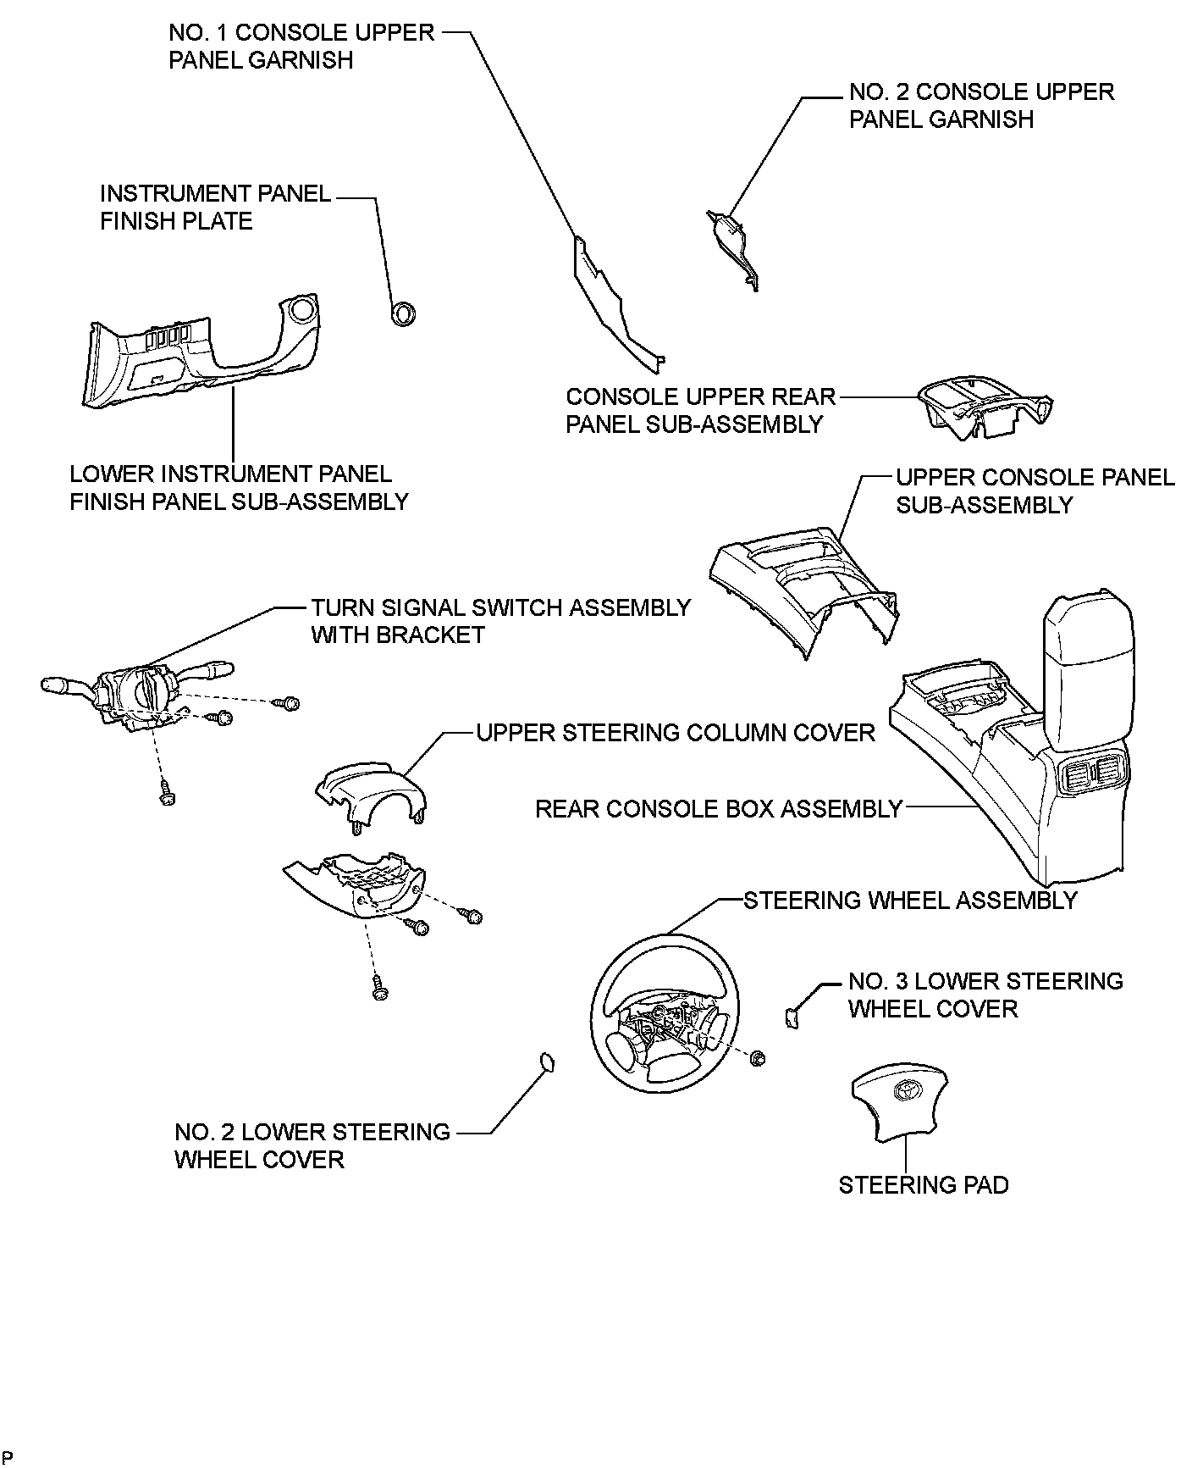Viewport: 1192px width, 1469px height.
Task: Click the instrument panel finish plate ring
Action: tap(403, 313)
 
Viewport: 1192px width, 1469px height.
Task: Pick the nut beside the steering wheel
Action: tap(758, 1057)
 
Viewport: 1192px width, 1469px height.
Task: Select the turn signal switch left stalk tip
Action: tap(52, 682)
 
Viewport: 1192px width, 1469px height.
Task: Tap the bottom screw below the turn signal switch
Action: tap(167, 796)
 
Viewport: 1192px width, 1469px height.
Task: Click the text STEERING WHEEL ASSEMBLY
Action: tap(910, 900)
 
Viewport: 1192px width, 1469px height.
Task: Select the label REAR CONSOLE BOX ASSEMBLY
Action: tap(719, 809)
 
